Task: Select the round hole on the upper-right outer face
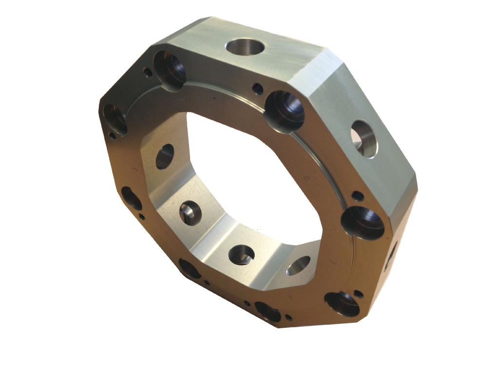click(x=364, y=139)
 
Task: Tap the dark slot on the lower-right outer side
click(x=391, y=256)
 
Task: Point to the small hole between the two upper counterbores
click(x=258, y=89)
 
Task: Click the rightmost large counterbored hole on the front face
click(x=363, y=223)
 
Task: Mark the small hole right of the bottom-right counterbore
click(x=359, y=294)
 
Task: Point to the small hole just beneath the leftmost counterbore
click(x=113, y=136)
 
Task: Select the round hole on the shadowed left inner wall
click(x=165, y=156)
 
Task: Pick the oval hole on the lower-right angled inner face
click(x=299, y=265)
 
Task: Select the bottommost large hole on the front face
click(x=268, y=312)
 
